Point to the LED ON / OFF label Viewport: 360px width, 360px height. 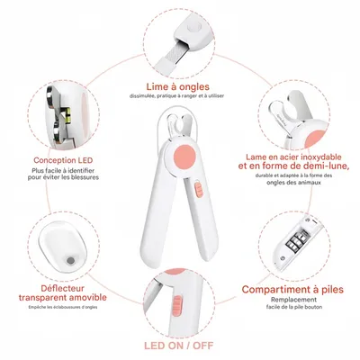click(x=181, y=346)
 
